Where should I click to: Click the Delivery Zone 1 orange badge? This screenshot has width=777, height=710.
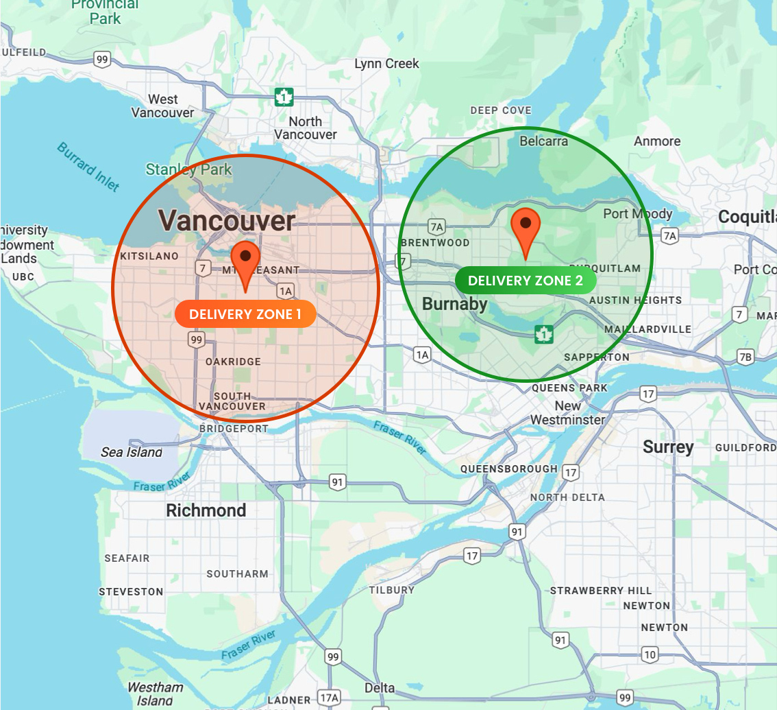tap(245, 314)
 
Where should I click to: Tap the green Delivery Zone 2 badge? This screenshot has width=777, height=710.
tap(526, 281)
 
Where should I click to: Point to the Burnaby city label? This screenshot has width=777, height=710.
tap(455, 304)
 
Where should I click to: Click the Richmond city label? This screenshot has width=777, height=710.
tap(206, 510)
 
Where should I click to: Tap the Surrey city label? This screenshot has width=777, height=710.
tap(668, 447)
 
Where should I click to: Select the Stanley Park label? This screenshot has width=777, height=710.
tap(188, 169)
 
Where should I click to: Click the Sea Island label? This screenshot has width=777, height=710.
tap(132, 452)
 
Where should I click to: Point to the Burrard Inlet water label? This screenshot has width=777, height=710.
tap(88, 167)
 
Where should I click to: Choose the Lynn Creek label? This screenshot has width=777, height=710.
tap(386, 64)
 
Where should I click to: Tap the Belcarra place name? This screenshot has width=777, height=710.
tap(544, 141)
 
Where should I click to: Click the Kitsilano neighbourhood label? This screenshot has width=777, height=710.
tap(149, 256)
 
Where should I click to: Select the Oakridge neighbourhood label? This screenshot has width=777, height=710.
tap(233, 362)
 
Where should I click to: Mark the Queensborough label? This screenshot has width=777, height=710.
tap(508, 469)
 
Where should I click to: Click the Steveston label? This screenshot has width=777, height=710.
tap(131, 591)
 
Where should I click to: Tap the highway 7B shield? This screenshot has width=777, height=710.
tap(745, 356)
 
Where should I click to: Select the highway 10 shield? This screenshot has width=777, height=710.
tap(650, 654)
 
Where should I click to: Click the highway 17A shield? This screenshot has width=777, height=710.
tap(330, 698)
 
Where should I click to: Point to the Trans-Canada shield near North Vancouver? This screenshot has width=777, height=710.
tap(284, 97)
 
